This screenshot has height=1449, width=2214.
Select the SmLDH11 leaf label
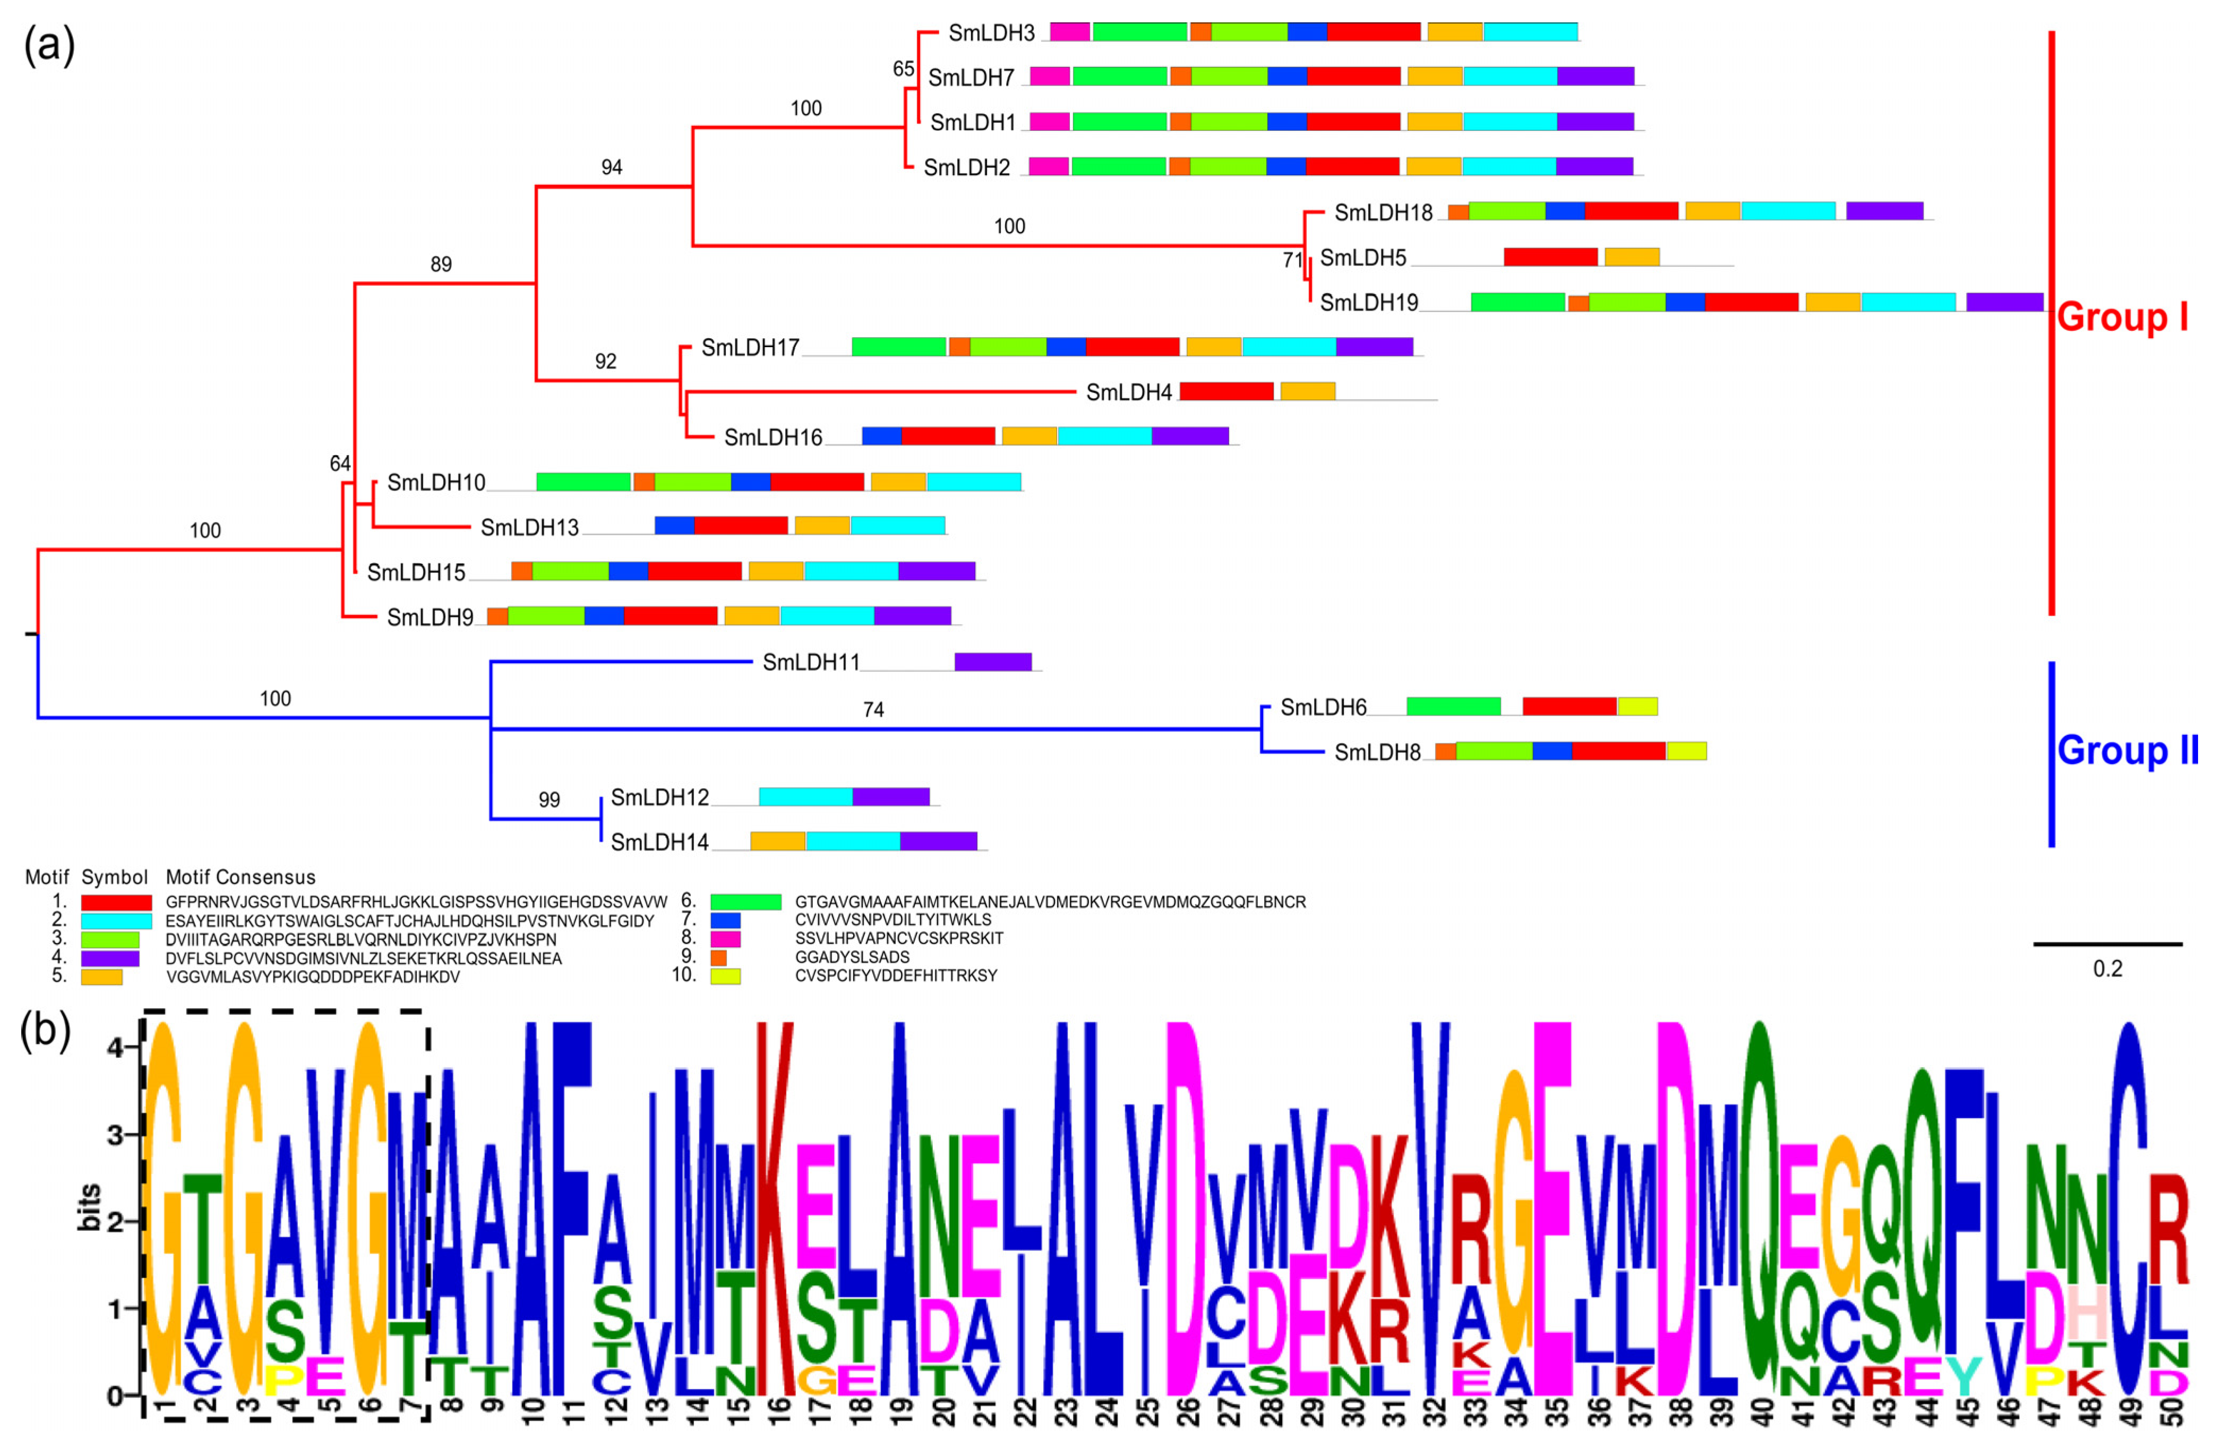[810, 662]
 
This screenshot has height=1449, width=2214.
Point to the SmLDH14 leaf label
[659, 843]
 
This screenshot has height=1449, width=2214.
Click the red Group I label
[2122, 317]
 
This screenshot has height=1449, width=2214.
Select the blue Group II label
[2126, 750]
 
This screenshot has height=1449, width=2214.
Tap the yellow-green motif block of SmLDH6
[1637, 707]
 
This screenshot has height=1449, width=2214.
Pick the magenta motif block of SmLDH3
[1070, 32]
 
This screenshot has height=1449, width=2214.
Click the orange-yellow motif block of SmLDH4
[1307, 391]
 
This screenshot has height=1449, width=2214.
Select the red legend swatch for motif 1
[116, 902]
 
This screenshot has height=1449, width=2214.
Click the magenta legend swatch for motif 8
[726, 938]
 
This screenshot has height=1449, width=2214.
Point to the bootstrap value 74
[872, 709]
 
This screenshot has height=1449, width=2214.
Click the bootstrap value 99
[549, 800]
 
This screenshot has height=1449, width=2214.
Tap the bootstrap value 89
[441, 264]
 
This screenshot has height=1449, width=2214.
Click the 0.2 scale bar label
[2107, 969]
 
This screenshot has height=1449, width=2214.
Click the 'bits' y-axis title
[90, 1207]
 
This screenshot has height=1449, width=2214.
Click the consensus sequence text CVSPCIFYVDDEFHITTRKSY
[896, 975]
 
